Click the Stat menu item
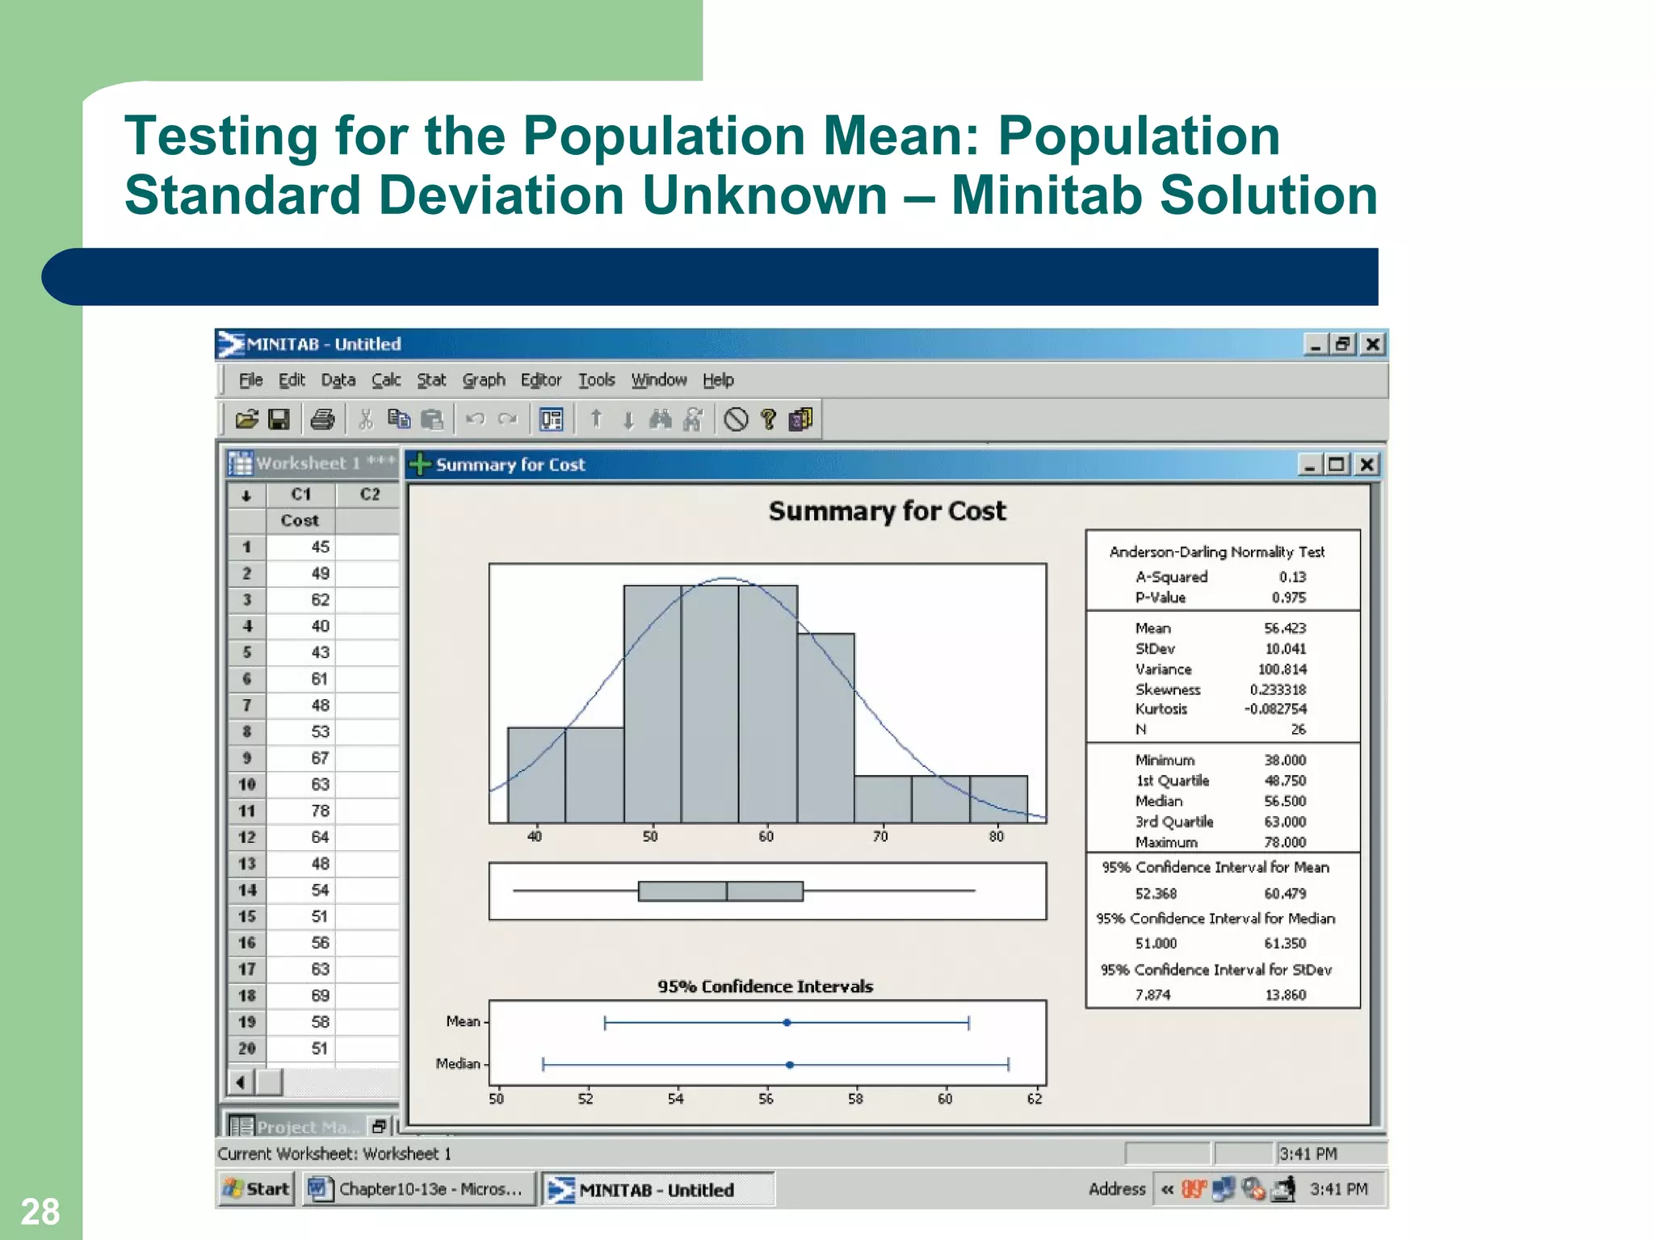click(431, 380)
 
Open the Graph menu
click(484, 380)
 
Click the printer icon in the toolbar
click(322, 419)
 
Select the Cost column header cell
click(300, 521)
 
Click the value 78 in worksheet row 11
click(320, 811)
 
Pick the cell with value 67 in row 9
click(320, 758)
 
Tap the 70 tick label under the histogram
click(880, 836)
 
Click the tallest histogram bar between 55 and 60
click(710, 702)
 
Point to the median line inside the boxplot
click(727, 891)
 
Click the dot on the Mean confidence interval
click(787, 1023)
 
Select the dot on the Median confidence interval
click(790, 1065)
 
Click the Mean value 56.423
click(1284, 628)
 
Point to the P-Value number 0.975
click(1288, 597)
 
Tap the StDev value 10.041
click(1285, 648)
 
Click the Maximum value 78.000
click(1284, 842)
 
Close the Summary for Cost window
click(1366, 465)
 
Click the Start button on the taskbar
click(257, 1189)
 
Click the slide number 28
click(40, 1212)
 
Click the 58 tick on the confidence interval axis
click(855, 1099)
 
